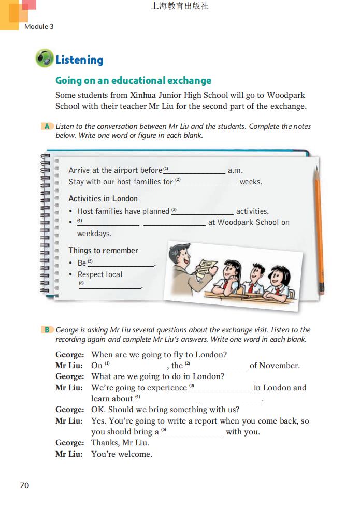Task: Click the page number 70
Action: pyautogui.click(x=24, y=485)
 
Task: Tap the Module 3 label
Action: pyautogui.click(x=39, y=26)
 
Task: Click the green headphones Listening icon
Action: pyautogui.click(x=45, y=58)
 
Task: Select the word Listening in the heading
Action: pyautogui.click(x=79, y=60)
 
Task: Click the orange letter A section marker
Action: pyautogui.click(x=47, y=126)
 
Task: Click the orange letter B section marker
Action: pyautogui.click(x=47, y=330)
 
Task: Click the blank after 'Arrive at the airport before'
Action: pyautogui.click(x=197, y=171)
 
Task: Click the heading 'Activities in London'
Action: pyautogui.click(x=103, y=199)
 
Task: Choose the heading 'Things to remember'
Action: pyautogui.click(x=104, y=251)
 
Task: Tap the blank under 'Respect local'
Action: pyautogui.click(x=110, y=286)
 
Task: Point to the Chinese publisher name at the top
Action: pyautogui.click(x=180, y=7)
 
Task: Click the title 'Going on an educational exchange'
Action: pyautogui.click(x=134, y=81)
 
